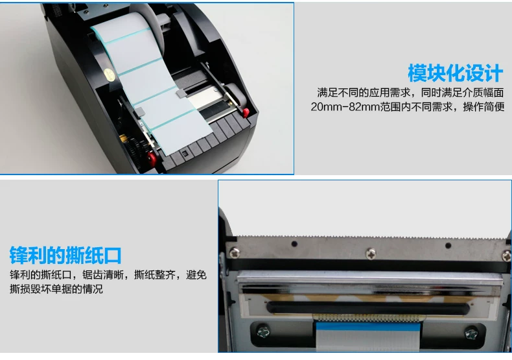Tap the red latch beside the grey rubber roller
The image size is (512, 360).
coord(246,113)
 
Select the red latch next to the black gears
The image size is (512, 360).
coord(152,158)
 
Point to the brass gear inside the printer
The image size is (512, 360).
coord(123,138)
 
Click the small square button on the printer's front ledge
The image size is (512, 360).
coord(185,153)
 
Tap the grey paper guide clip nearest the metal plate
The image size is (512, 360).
coord(181,94)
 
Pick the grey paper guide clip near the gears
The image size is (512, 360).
coord(140,112)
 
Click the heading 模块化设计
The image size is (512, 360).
coord(455,73)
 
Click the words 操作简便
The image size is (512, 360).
coord(483,106)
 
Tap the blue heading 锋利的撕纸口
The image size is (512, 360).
coord(65,255)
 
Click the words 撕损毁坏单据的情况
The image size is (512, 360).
coord(56,289)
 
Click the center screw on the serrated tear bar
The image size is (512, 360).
coord(370,254)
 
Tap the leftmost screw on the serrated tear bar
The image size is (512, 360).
coord(234,252)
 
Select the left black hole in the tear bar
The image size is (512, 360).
coord(294,244)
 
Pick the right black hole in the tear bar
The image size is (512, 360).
coord(448,245)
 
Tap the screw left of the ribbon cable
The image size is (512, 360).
coord(263,331)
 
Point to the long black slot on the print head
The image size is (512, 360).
coord(368,307)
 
